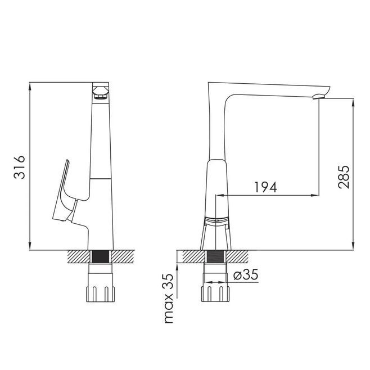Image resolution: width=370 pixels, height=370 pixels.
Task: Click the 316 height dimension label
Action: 19,167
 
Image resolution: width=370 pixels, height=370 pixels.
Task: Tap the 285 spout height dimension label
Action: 344,177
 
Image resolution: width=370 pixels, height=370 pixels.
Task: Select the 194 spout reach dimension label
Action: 265,187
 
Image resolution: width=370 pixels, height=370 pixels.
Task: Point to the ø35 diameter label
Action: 246,274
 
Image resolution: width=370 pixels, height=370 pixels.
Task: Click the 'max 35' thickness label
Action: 169,299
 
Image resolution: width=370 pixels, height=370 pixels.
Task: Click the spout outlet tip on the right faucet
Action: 319,96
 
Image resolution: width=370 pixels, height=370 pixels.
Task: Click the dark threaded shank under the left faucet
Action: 101,256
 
